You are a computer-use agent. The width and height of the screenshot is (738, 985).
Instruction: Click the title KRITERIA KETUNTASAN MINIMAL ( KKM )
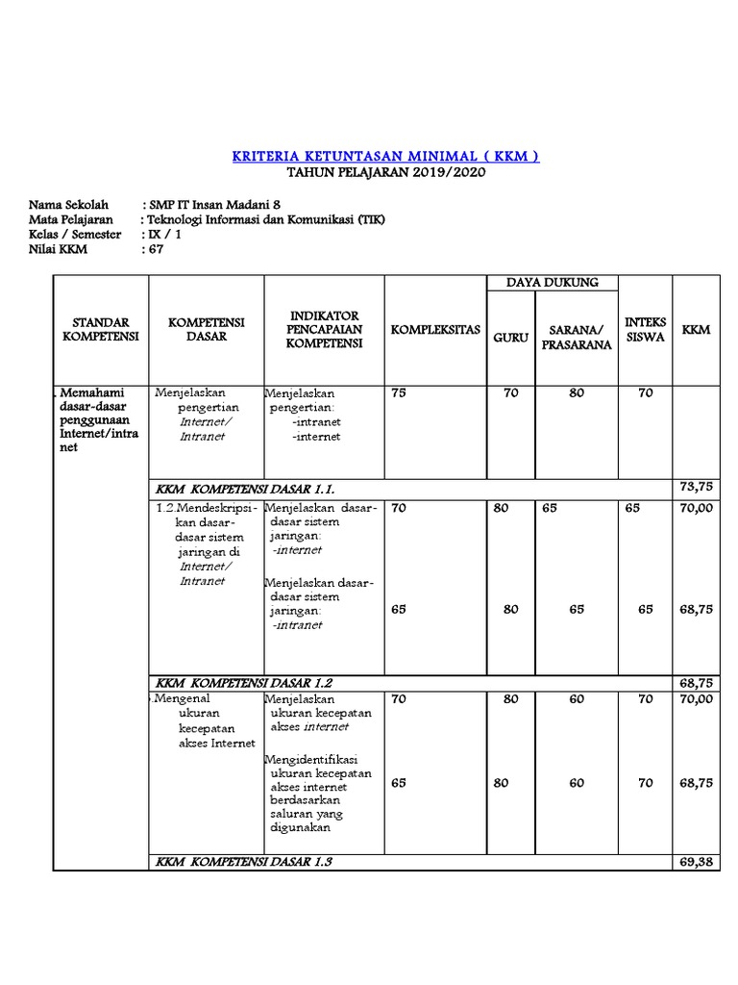click(x=386, y=156)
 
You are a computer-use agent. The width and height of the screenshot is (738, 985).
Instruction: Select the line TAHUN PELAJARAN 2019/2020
click(x=386, y=172)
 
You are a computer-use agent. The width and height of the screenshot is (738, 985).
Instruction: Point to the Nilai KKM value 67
click(x=154, y=249)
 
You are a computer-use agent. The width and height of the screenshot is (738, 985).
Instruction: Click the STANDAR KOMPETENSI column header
click(x=101, y=329)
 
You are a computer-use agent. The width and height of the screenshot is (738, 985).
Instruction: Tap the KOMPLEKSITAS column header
click(x=434, y=330)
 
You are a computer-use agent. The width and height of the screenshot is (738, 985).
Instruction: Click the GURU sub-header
click(x=510, y=338)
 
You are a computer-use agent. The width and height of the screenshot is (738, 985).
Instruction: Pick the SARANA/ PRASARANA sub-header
click(x=576, y=338)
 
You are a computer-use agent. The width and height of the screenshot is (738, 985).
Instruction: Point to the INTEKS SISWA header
click(x=645, y=329)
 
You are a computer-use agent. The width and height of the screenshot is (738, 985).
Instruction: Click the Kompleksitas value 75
click(x=399, y=392)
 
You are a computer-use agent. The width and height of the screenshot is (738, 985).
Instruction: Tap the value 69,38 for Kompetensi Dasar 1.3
click(x=696, y=861)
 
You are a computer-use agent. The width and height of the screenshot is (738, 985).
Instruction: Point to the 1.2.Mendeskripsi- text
click(x=206, y=507)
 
